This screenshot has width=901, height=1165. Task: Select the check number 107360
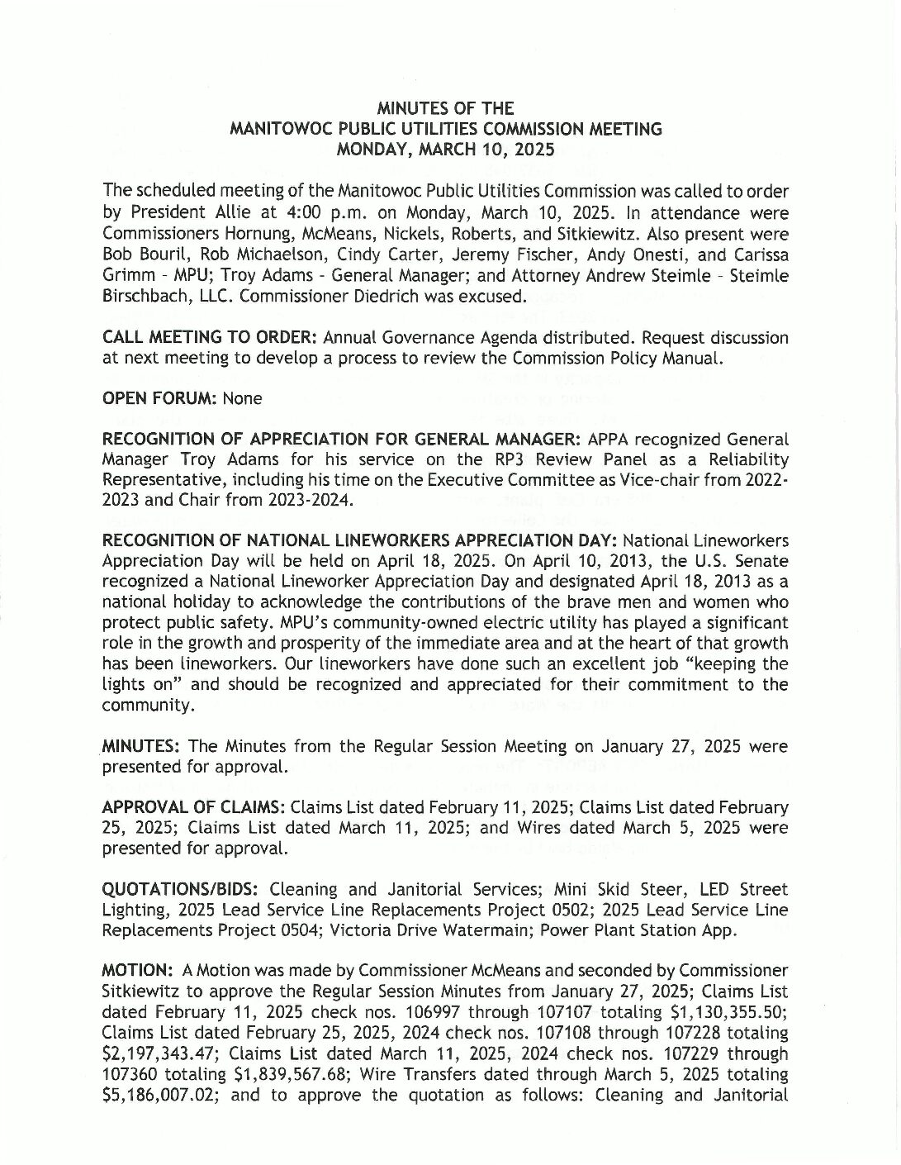(130, 1073)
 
